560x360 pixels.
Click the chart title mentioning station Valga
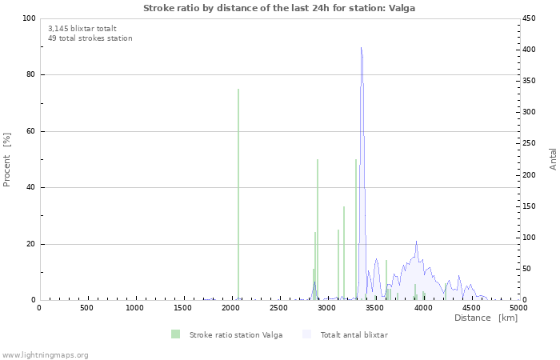click(x=279, y=8)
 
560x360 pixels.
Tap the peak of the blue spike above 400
click(x=362, y=49)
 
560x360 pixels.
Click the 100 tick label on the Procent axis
click(x=28, y=18)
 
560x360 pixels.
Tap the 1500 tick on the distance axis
click(x=183, y=308)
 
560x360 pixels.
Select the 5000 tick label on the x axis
click(x=518, y=308)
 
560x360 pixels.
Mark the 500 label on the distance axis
click(x=86, y=308)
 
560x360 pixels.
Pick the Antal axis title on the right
click(x=554, y=158)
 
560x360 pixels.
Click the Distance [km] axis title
click(x=486, y=318)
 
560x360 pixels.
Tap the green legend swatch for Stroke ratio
click(x=175, y=334)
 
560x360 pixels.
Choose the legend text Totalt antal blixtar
click(x=354, y=334)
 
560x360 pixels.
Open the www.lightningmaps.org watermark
click(x=45, y=354)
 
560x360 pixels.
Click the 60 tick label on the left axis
click(x=30, y=131)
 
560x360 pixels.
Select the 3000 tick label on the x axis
click(x=327, y=308)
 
